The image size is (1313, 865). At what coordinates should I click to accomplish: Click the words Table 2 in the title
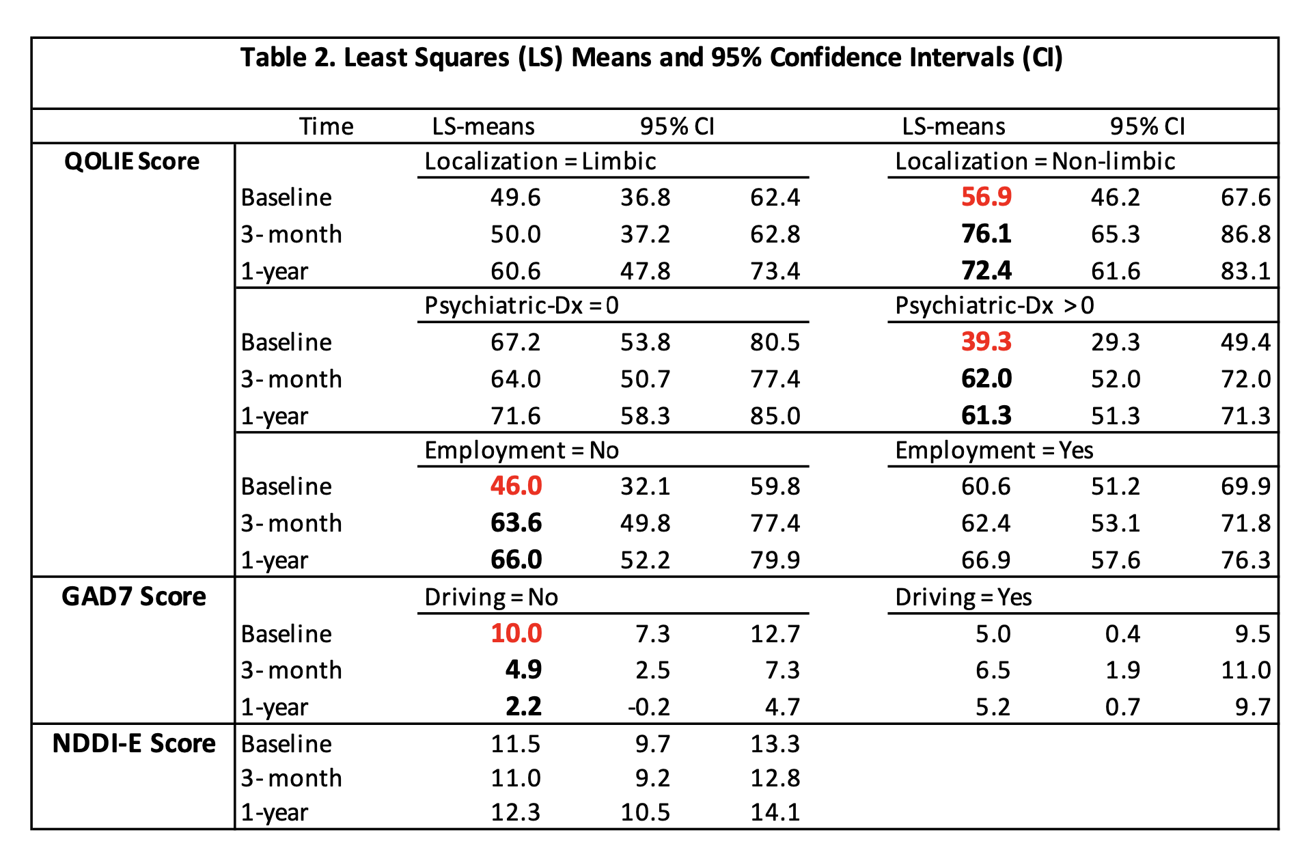coord(287,58)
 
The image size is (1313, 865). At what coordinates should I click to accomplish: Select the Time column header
coord(326,126)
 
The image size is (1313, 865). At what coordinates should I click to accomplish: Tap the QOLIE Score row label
coord(132,162)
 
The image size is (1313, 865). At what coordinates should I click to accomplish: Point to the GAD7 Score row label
coord(134,597)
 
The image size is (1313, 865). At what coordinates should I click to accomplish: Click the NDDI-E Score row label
coord(134,743)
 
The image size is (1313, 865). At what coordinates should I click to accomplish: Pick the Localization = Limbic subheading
coord(540,162)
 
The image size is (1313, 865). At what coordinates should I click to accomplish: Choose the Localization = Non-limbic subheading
coord(1034,162)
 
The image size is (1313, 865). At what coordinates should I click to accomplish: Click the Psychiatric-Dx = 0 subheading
coord(521,305)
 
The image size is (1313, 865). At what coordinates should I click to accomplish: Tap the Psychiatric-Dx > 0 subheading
coord(994,305)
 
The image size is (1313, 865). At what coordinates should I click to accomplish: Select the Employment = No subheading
coord(521,450)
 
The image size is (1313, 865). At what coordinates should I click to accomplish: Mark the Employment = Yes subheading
coord(994,450)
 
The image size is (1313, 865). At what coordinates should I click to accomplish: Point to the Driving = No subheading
coord(491,597)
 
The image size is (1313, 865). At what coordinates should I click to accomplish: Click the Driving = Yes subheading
coord(963,597)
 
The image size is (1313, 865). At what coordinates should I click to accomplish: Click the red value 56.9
coord(986,197)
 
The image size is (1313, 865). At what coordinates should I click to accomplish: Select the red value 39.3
coord(986,342)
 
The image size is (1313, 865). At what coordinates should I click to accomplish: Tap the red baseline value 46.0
coord(516,486)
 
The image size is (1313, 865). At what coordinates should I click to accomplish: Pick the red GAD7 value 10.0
coord(516,634)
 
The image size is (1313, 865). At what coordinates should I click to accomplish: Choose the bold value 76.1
coord(986,234)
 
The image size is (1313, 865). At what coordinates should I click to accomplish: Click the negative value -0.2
coord(648,707)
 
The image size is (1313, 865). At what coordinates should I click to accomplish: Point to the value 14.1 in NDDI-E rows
coord(775,812)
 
